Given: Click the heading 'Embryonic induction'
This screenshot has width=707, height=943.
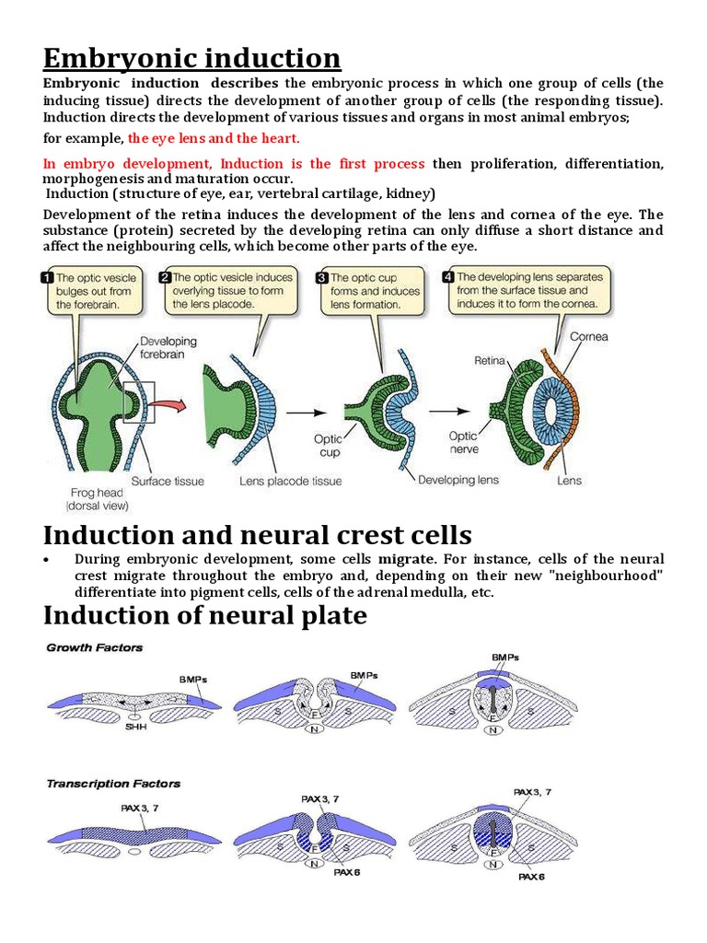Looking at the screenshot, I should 191,58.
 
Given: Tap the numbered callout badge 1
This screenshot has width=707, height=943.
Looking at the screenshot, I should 45,276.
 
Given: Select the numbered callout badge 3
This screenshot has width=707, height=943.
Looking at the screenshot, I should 321,276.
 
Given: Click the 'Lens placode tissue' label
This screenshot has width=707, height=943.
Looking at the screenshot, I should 290,481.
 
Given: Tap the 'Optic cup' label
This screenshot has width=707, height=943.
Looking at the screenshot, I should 328,446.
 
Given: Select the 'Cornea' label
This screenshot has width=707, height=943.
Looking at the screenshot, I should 589,336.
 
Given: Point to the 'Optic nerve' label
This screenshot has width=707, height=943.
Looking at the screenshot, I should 462,442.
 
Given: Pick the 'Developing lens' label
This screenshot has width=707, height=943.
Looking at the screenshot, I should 458,480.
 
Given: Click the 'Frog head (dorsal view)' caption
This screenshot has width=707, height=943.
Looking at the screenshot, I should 98,498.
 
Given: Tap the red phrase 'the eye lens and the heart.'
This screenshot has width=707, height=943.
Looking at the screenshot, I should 214,138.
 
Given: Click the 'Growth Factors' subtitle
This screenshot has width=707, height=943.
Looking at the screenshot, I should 95,647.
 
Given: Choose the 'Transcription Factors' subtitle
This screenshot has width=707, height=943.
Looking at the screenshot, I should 113,784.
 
